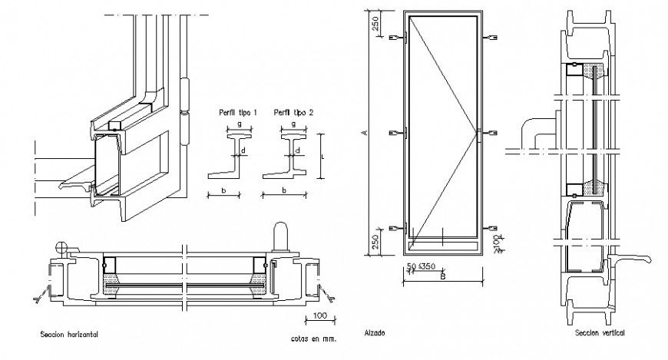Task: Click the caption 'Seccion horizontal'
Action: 70,335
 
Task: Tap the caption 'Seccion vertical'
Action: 600,333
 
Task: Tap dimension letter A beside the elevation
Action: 365,134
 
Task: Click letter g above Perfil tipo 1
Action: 239,122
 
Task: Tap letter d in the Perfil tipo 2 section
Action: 298,150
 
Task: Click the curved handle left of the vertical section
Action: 535,130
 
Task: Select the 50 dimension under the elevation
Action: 411,266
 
